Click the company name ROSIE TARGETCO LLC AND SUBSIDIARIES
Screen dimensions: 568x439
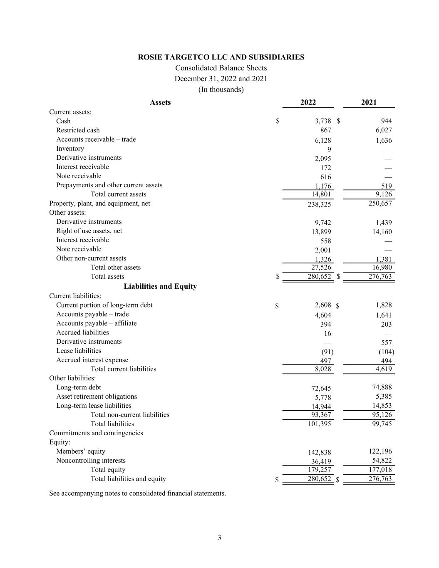click(221, 57)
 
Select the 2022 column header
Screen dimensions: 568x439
click(308, 102)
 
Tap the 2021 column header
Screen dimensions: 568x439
click(369, 102)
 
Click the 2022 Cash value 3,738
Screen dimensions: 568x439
click(323, 121)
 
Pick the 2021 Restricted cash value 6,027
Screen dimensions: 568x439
click(383, 130)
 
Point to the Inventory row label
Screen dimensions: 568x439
click(70, 149)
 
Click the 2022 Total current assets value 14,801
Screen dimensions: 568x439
click(321, 194)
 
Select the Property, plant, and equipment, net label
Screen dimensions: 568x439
click(99, 203)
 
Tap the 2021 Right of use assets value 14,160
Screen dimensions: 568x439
click(382, 232)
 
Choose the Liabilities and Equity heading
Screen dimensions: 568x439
click(160, 286)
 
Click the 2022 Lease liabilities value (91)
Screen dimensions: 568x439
click(327, 352)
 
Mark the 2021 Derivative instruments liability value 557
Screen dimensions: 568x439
click(386, 342)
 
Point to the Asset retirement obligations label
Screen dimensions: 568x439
click(97, 397)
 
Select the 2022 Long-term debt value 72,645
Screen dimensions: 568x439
click(321, 388)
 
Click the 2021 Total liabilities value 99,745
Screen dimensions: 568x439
click(382, 424)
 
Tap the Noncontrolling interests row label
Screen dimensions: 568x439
click(91, 461)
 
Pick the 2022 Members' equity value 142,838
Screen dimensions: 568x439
click(320, 452)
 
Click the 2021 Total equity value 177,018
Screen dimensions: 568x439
click(380, 470)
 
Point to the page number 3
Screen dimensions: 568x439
click(219, 538)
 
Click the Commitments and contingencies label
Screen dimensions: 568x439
click(96, 433)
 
